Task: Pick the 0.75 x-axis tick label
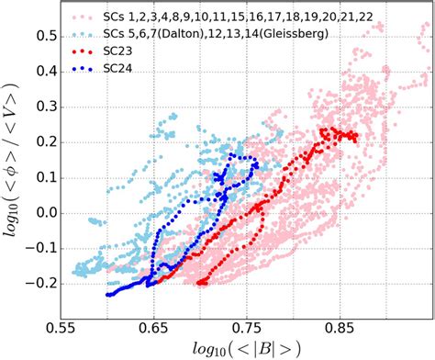click(x=245, y=325)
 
